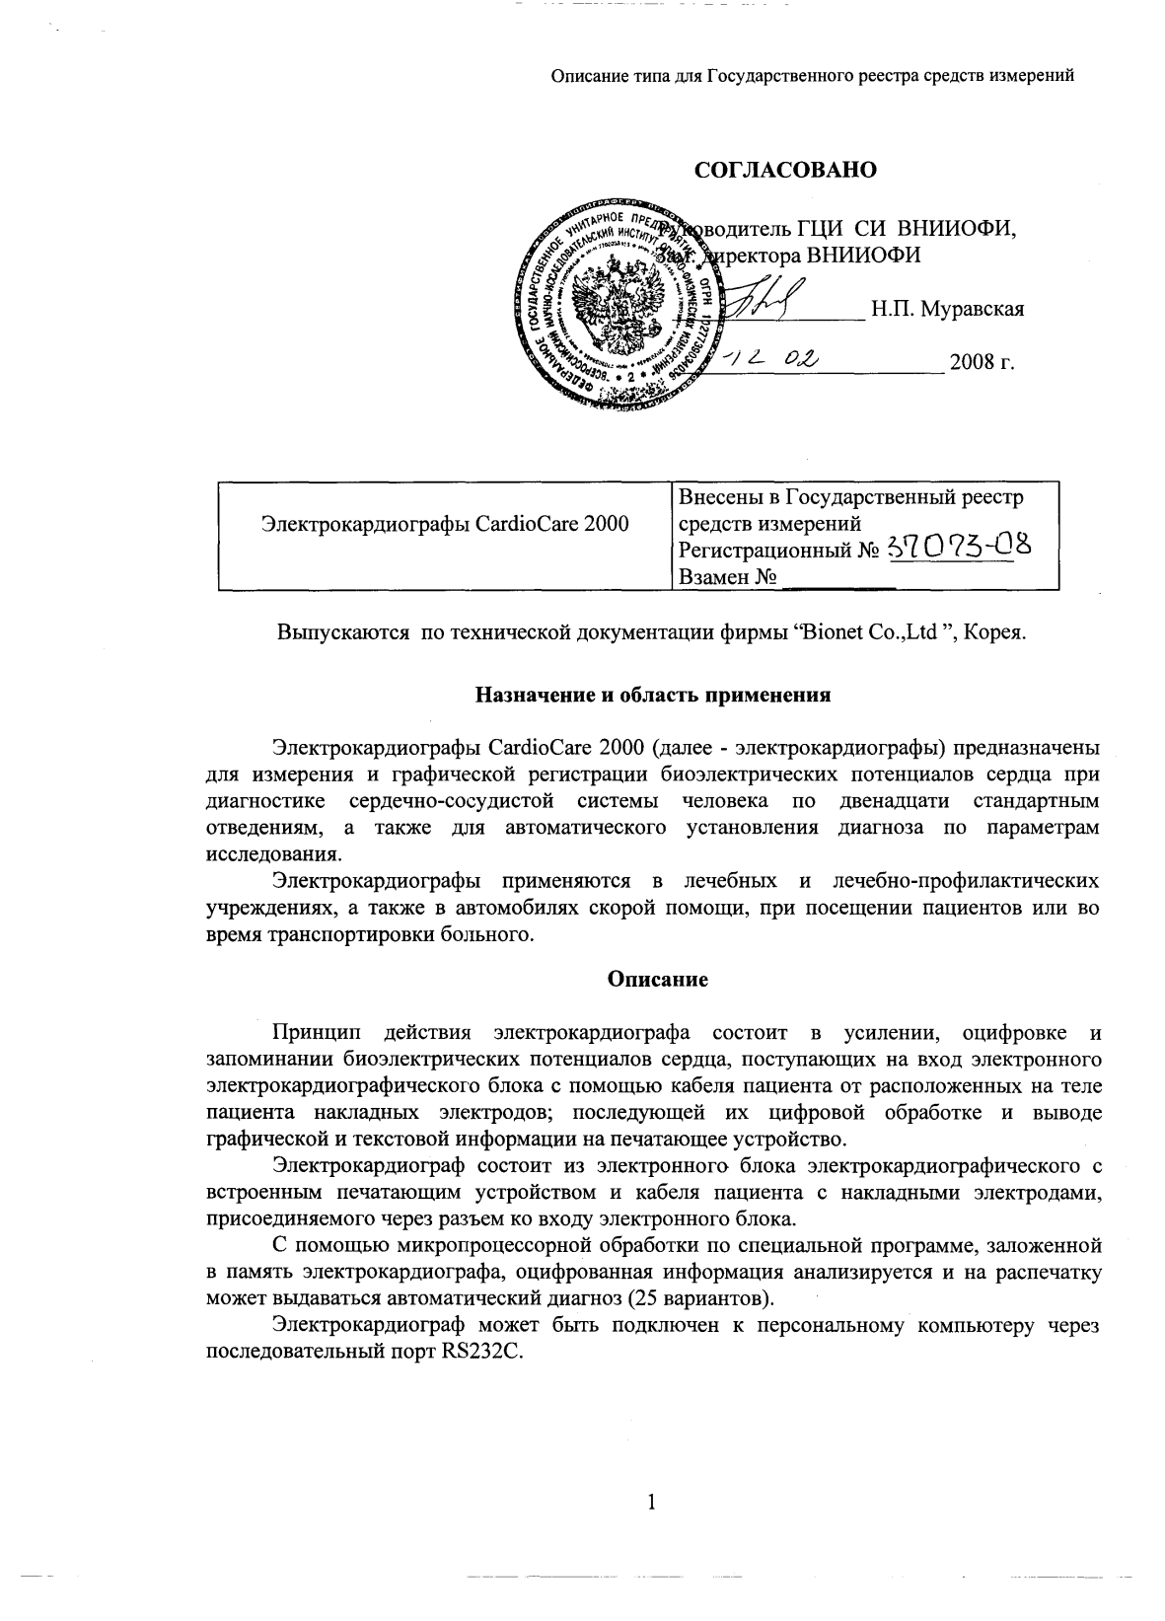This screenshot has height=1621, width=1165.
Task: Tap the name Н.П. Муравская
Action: (947, 309)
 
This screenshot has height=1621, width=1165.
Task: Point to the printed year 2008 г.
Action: (982, 362)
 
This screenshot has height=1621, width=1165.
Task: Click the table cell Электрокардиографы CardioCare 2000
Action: (445, 523)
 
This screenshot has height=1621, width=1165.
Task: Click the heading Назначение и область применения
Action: (653, 695)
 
